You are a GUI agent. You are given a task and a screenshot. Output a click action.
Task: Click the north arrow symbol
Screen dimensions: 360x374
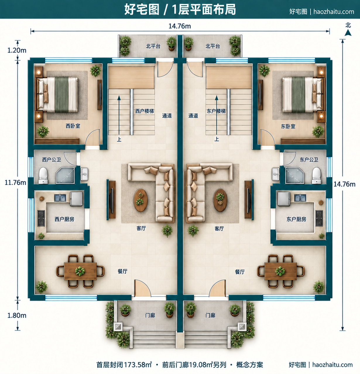(x=348, y=33)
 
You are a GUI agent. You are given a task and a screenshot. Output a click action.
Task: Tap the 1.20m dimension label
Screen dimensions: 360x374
(x=17, y=50)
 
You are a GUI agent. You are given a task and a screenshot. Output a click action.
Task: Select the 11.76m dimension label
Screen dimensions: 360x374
(x=16, y=182)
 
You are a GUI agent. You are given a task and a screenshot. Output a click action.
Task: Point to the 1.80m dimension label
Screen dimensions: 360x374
(x=17, y=315)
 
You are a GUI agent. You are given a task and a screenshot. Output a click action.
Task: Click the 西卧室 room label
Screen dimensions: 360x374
(x=73, y=126)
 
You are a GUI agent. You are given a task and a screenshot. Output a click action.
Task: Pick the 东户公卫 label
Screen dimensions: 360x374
(x=309, y=159)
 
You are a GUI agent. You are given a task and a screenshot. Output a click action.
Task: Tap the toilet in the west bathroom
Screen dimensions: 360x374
(x=43, y=176)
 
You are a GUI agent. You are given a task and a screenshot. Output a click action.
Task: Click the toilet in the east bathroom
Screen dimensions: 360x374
(x=316, y=176)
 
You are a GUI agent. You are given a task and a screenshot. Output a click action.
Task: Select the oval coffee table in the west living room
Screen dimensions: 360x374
(x=140, y=200)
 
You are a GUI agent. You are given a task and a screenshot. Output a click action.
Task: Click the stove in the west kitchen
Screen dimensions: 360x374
(x=41, y=218)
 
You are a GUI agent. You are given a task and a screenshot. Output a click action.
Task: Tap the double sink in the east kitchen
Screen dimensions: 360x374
(x=300, y=198)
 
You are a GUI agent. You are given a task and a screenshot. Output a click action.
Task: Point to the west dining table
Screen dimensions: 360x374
(x=80, y=271)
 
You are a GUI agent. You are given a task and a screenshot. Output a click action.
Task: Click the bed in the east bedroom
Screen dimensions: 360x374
(x=302, y=95)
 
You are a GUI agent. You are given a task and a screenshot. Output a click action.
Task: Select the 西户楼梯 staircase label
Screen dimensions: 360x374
(x=145, y=111)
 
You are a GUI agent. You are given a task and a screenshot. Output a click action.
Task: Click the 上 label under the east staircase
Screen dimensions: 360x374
(x=217, y=139)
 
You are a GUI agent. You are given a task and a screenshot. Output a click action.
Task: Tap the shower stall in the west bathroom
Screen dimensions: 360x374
(x=65, y=175)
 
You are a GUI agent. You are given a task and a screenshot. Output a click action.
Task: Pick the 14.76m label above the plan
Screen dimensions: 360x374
(x=180, y=26)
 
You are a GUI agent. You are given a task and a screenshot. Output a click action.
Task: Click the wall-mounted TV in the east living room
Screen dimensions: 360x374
(x=249, y=200)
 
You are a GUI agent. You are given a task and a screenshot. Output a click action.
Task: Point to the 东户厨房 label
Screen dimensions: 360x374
(x=296, y=219)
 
